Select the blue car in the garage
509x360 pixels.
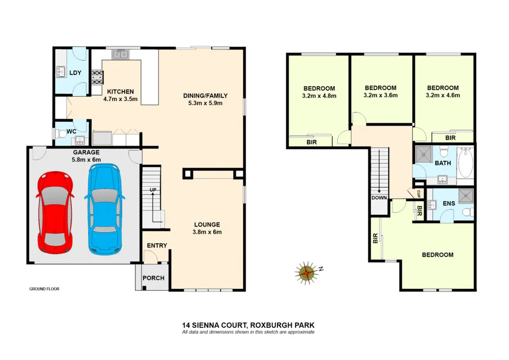pyautogui.click(x=105, y=208)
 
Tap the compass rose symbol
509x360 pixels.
pyautogui.click(x=307, y=272)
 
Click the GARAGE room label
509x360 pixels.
pyautogui.click(x=86, y=152)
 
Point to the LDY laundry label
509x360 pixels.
pyautogui.click(x=75, y=73)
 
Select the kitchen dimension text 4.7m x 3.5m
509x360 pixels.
pyautogui.click(x=121, y=99)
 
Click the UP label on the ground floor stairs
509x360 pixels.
pyautogui.click(x=152, y=190)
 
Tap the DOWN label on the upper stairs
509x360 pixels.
pyautogui.click(x=379, y=198)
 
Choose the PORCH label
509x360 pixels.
pyautogui.click(x=153, y=278)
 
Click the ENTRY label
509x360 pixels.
pyautogui.click(x=157, y=246)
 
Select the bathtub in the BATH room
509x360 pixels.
pyautogui.click(x=465, y=162)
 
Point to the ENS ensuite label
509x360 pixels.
pyautogui.click(x=448, y=204)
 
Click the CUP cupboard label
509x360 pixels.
pyautogui.click(x=418, y=193)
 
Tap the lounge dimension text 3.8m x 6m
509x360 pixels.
pyautogui.click(x=207, y=232)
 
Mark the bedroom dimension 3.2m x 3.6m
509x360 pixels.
pyautogui.click(x=380, y=95)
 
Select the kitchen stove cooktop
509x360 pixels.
pyautogui.click(x=97, y=77)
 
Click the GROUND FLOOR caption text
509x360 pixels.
pyautogui.click(x=44, y=289)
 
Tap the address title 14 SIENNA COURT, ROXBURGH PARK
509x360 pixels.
pyautogui.click(x=252, y=325)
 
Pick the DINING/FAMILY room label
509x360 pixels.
pyautogui.click(x=205, y=96)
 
